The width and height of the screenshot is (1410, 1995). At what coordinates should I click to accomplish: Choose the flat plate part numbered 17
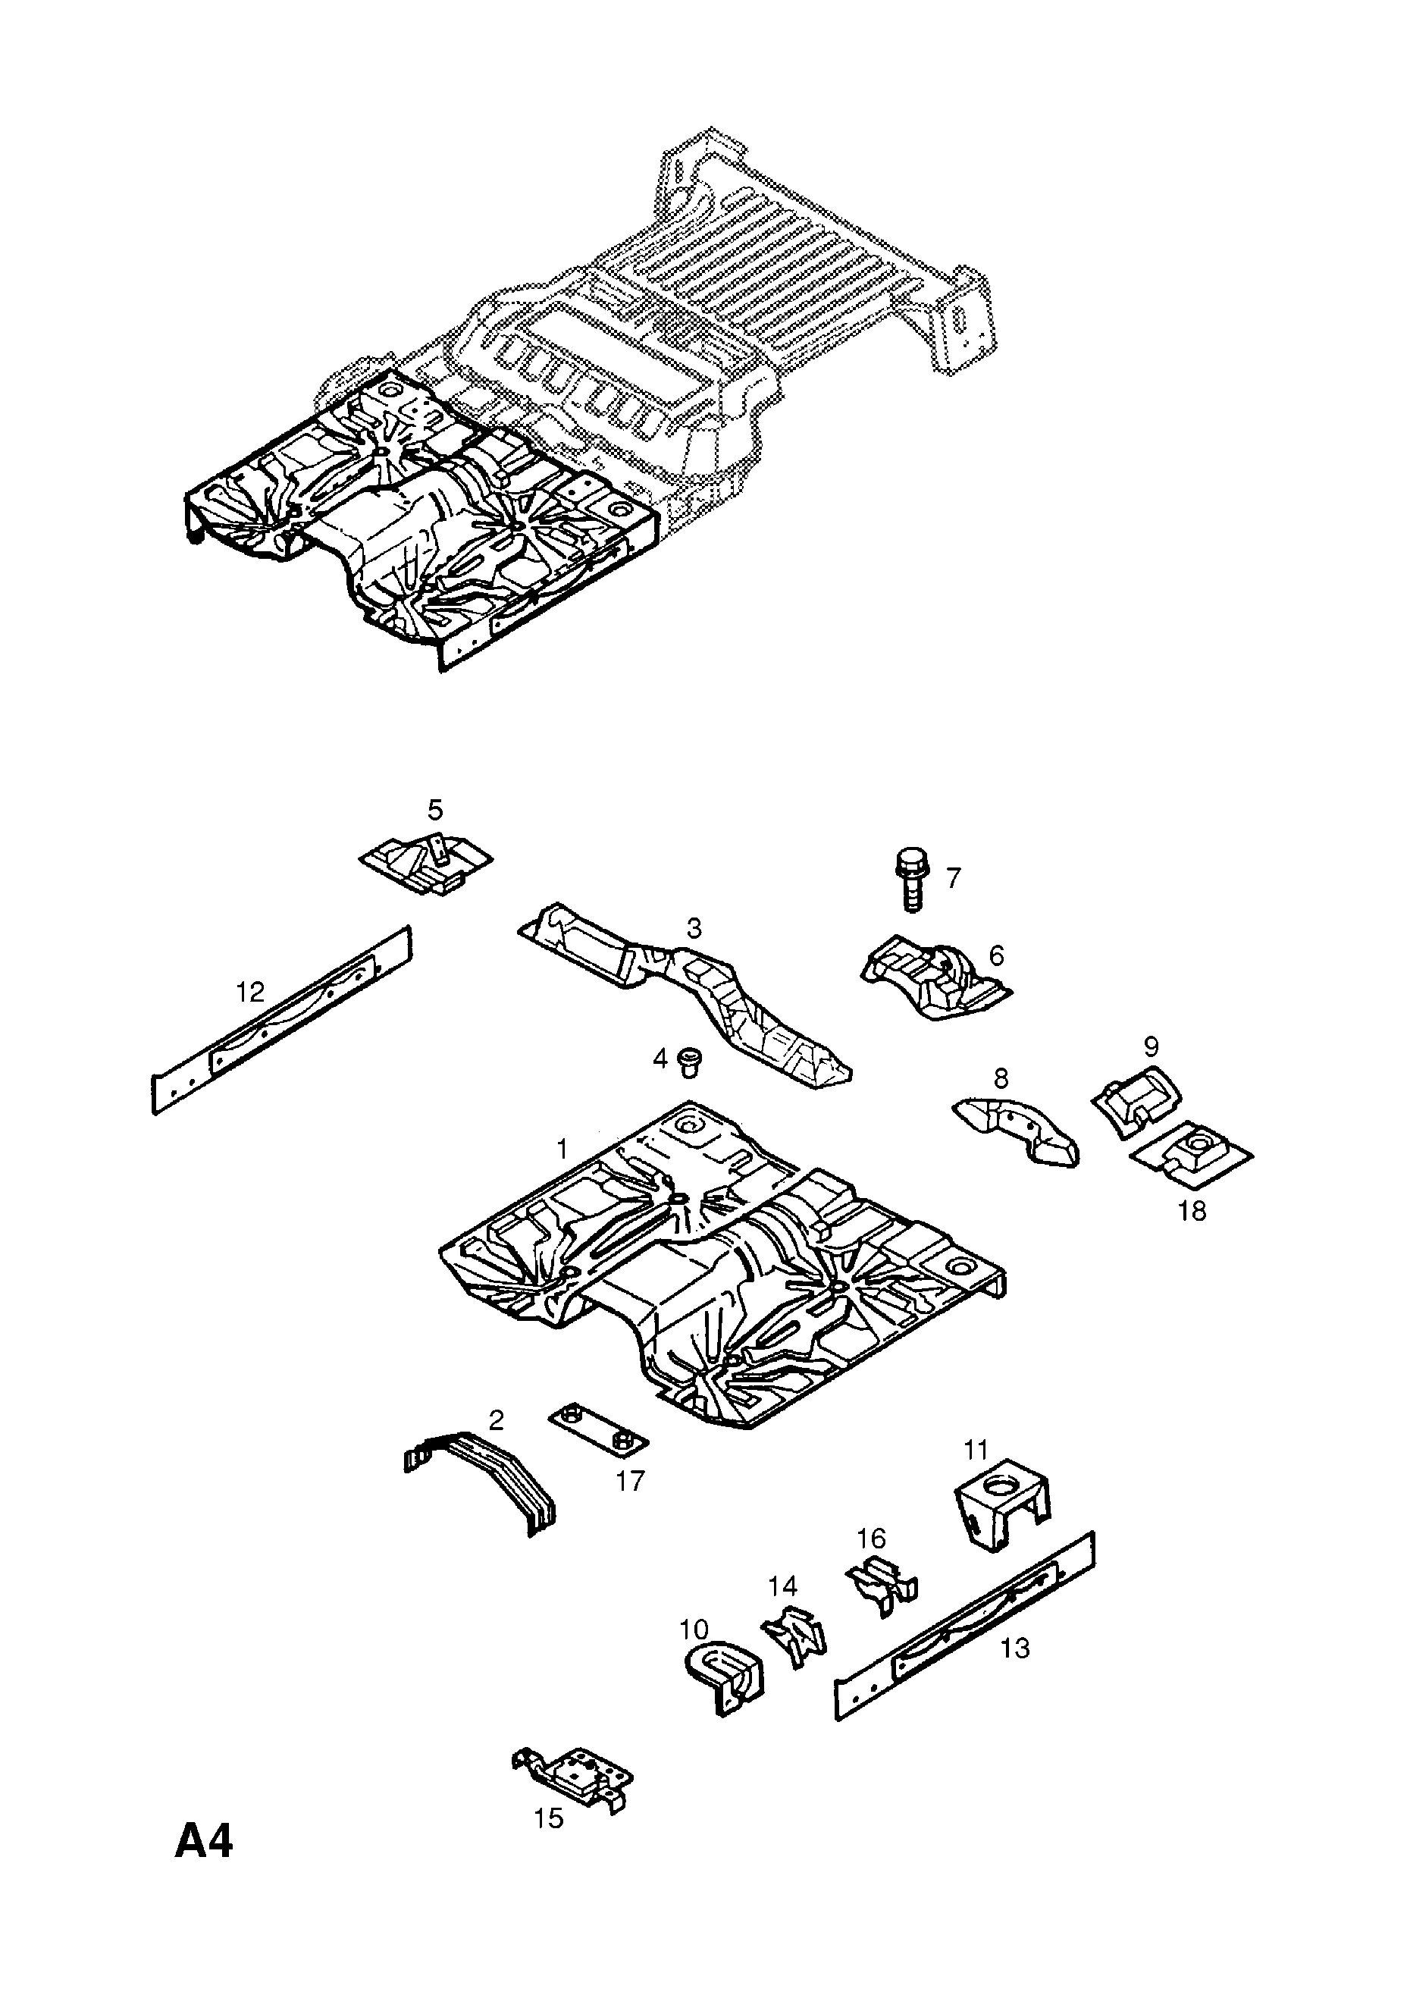[597, 1437]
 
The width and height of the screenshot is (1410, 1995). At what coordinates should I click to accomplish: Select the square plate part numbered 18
[1191, 1156]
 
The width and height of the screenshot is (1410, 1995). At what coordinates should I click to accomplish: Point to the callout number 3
[694, 928]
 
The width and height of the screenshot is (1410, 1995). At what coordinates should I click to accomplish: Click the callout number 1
[561, 1150]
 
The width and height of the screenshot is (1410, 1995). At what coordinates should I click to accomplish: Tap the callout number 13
[1015, 1648]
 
